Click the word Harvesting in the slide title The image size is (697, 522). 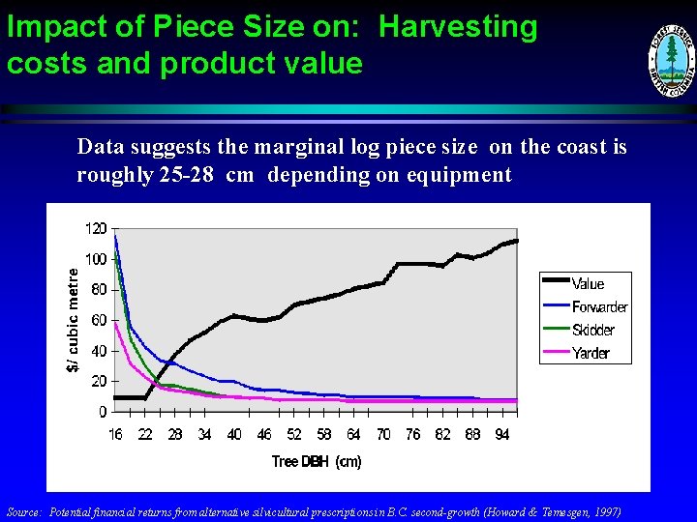[458, 27]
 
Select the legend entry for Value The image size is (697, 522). [588, 283]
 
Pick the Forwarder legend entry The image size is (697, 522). [599, 306]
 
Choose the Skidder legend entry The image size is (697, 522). [592, 330]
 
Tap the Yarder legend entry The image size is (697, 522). [591, 353]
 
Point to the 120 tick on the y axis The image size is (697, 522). [95, 229]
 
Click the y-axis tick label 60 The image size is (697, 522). [99, 320]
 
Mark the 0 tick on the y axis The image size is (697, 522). [103, 412]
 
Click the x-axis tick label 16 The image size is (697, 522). [115, 435]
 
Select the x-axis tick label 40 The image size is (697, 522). [234, 435]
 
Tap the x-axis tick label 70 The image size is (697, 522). [383, 435]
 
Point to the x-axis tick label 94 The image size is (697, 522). [501, 435]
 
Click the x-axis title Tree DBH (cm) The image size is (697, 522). [317, 462]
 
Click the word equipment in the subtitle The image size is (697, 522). [460, 175]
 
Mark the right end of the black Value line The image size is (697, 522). [517, 240]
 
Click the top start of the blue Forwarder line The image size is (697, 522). [115, 236]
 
